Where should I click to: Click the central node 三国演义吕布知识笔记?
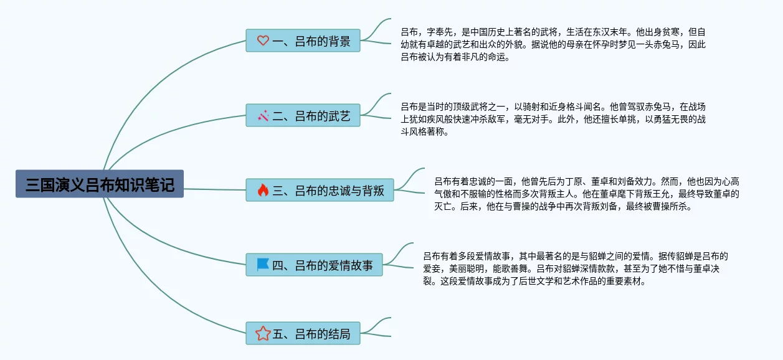(x=100, y=184)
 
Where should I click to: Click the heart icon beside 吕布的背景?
(x=263, y=41)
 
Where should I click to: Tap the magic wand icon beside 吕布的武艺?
(x=263, y=116)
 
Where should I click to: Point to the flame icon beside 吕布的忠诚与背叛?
(x=263, y=191)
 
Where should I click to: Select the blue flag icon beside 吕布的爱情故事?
(x=263, y=265)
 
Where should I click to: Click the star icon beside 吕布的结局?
(x=263, y=334)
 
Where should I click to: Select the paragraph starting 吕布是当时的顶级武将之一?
(x=553, y=119)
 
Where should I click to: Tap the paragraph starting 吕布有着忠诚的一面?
(x=586, y=194)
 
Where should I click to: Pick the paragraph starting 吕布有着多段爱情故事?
(x=576, y=268)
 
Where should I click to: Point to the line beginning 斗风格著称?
(x=424, y=132)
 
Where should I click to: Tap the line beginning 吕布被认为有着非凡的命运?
(x=455, y=58)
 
